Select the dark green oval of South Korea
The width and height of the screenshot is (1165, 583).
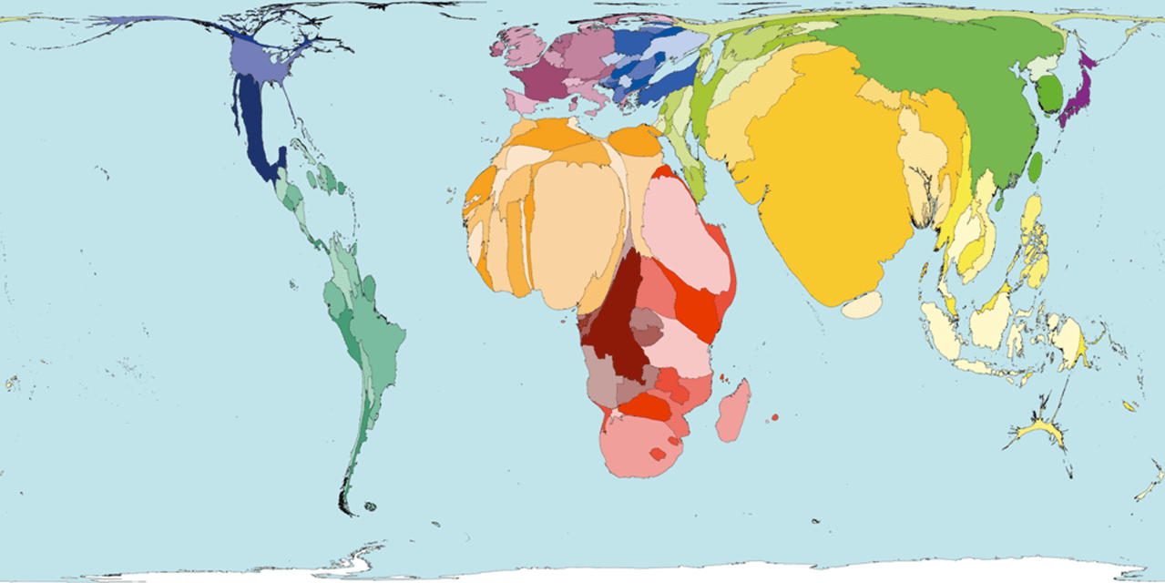[1050, 94]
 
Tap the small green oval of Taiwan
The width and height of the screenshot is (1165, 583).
[1036, 165]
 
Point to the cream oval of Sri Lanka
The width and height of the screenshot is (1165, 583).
[861, 305]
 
